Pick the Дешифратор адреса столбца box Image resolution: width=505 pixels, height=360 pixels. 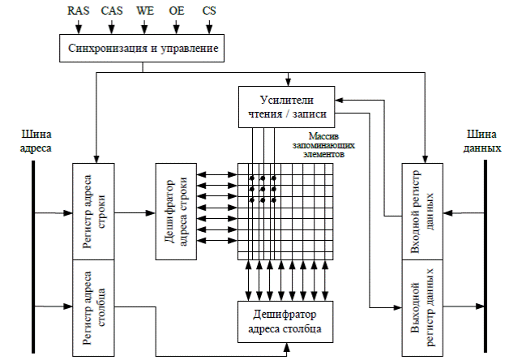coord(285,321)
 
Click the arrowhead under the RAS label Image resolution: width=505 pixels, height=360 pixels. coord(79,30)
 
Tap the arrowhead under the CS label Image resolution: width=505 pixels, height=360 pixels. coord(208,30)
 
